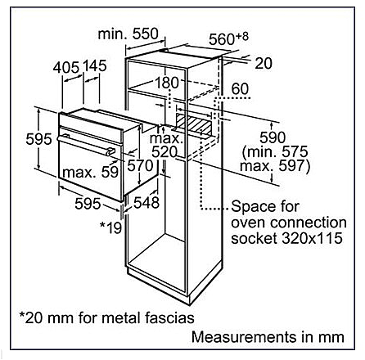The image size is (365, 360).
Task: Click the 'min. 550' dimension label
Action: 128,34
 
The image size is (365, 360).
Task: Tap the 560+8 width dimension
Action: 228,38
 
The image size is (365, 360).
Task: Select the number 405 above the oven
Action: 66,67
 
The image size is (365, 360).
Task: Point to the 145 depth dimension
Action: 94,66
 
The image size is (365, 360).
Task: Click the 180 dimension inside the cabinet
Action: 166,83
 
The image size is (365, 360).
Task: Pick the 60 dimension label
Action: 240,89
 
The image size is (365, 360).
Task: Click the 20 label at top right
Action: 264,63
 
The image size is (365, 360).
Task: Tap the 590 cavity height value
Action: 273,137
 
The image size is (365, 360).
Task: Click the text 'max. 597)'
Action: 275,166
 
